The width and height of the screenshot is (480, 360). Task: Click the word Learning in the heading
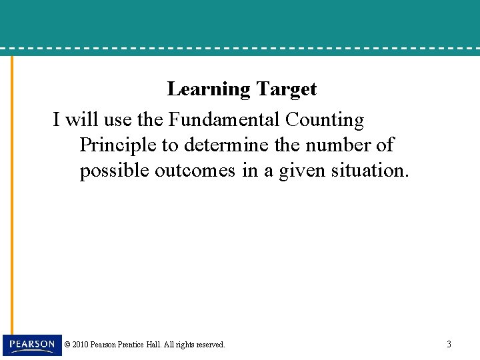tap(209, 89)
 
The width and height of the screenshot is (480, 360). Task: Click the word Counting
tap(324, 120)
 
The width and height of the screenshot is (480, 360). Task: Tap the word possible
tap(114, 171)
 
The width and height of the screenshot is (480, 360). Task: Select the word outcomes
tap(195, 171)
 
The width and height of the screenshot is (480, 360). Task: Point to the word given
tap(303, 171)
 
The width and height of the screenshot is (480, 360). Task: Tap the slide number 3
tap(449, 345)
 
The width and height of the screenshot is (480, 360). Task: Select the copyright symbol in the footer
tap(67, 345)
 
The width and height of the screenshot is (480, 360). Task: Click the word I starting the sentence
tap(57, 120)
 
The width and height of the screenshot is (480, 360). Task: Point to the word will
tap(81, 120)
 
